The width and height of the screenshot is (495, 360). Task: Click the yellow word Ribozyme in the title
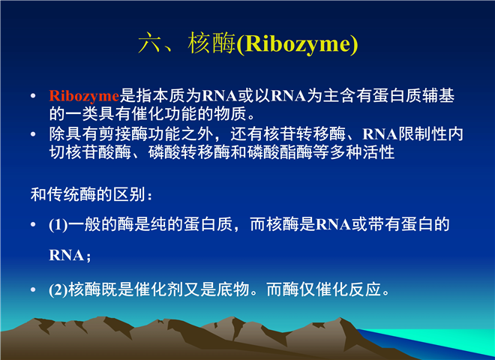pos(297,43)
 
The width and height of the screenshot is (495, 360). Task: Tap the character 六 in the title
pos(149,43)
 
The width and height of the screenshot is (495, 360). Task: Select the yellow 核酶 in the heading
pos(211,43)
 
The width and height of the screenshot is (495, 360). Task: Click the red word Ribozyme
pos(84,96)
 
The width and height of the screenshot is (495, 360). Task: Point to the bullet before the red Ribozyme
pos(33,96)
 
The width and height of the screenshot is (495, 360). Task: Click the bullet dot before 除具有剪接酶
pos(33,134)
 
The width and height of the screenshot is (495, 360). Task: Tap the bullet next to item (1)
pos(33,224)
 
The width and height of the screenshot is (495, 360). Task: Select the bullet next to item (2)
pos(33,289)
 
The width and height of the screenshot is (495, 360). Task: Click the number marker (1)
pos(58,225)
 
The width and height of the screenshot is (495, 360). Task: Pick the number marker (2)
pos(58,290)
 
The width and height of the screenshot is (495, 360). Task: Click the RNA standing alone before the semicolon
pos(66,255)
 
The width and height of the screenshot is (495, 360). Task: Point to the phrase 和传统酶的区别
pos(88,194)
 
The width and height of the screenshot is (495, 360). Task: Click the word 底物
pos(233,289)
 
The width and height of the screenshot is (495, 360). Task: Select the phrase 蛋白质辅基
pos(413,96)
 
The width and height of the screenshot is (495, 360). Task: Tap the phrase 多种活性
pos(362,152)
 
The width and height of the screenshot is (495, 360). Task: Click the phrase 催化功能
pos(164,114)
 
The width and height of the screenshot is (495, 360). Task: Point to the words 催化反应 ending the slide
pos(349,289)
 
